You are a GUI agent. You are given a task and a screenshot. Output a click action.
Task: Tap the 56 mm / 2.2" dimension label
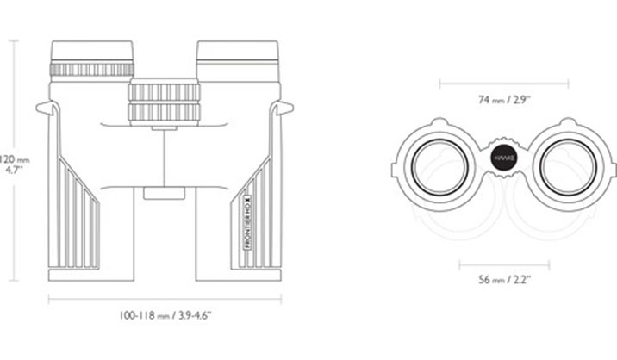(x=504, y=280)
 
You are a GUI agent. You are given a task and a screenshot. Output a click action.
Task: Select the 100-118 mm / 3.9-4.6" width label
(x=165, y=316)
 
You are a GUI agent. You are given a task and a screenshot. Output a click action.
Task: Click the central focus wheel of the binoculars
(x=164, y=102)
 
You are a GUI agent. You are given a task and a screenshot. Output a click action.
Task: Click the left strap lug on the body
(x=47, y=109)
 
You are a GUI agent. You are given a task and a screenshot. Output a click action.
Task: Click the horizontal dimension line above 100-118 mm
(x=165, y=298)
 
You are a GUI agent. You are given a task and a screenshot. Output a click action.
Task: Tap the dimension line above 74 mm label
(x=504, y=84)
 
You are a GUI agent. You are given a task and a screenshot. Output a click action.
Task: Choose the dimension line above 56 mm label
(x=504, y=264)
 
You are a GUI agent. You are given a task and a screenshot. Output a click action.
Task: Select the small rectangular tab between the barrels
(x=164, y=195)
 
